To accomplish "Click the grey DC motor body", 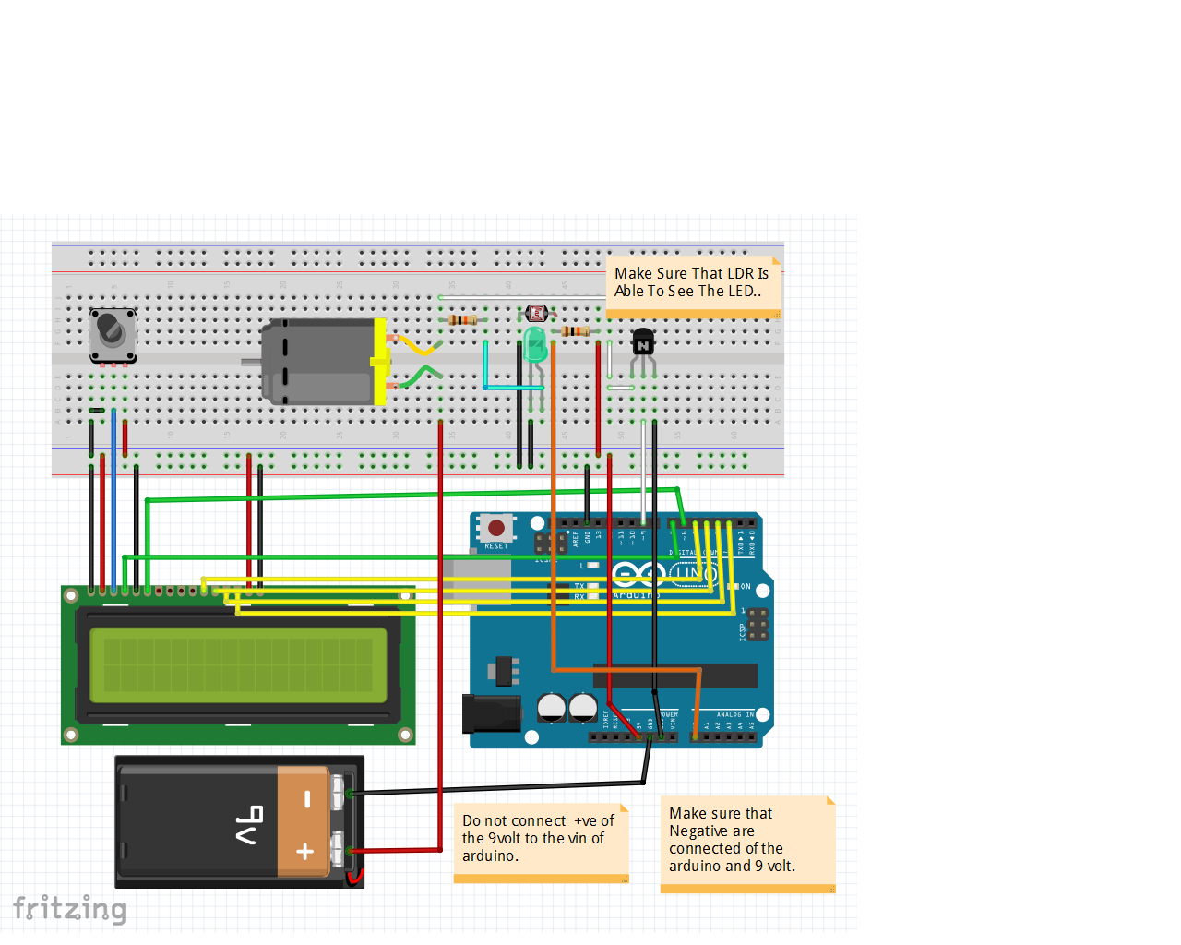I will click(317, 362).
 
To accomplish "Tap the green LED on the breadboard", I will click(535, 346).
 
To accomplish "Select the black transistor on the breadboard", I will click(643, 343).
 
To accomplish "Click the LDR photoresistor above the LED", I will click(536, 314).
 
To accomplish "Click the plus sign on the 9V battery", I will click(305, 852).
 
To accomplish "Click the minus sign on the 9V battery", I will click(307, 799).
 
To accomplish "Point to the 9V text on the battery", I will click(249, 825).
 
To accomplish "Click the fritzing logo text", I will click(70, 908).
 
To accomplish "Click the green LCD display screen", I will click(238, 664).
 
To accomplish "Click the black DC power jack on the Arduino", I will click(491, 714).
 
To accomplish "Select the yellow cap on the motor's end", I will click(380, 362).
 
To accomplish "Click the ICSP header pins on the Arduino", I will click(758, 625).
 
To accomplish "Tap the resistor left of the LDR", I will click(462, 320).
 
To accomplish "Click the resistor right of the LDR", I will click(575, 331).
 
